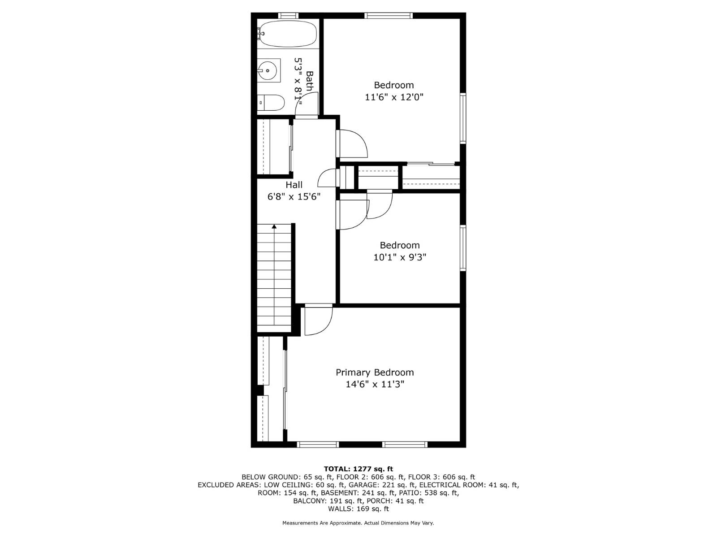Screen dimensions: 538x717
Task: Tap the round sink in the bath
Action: click(268, 70)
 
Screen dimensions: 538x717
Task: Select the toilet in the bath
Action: click(271, 103)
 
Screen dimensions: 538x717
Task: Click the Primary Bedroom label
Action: click(375, 372)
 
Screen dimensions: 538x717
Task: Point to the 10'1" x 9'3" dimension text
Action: click(399, 257)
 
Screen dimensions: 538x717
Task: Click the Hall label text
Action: click(294, 185)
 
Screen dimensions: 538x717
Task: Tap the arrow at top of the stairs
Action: click(274, 227)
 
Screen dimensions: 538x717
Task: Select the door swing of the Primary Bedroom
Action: click(319, 321)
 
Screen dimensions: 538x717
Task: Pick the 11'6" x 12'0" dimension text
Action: click(394, 97)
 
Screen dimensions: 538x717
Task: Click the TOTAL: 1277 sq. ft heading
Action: click(358, 469)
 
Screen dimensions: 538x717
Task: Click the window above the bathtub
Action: click(288, 16)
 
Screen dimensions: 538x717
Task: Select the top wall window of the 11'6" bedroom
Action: click(388, 16)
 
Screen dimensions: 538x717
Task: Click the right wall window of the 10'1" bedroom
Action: click(463, 248)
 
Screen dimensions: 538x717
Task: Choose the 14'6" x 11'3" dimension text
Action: click(375, 384)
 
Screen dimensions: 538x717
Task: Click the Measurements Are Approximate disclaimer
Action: click(358, 523)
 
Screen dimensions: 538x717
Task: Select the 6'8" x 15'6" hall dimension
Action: click(294, 197)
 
